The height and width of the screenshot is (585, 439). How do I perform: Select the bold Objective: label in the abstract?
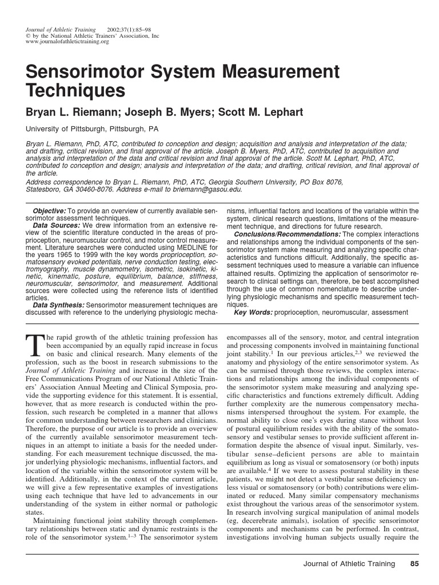click(50, 211)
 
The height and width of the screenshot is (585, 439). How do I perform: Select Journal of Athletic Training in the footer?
click(349, 564)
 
